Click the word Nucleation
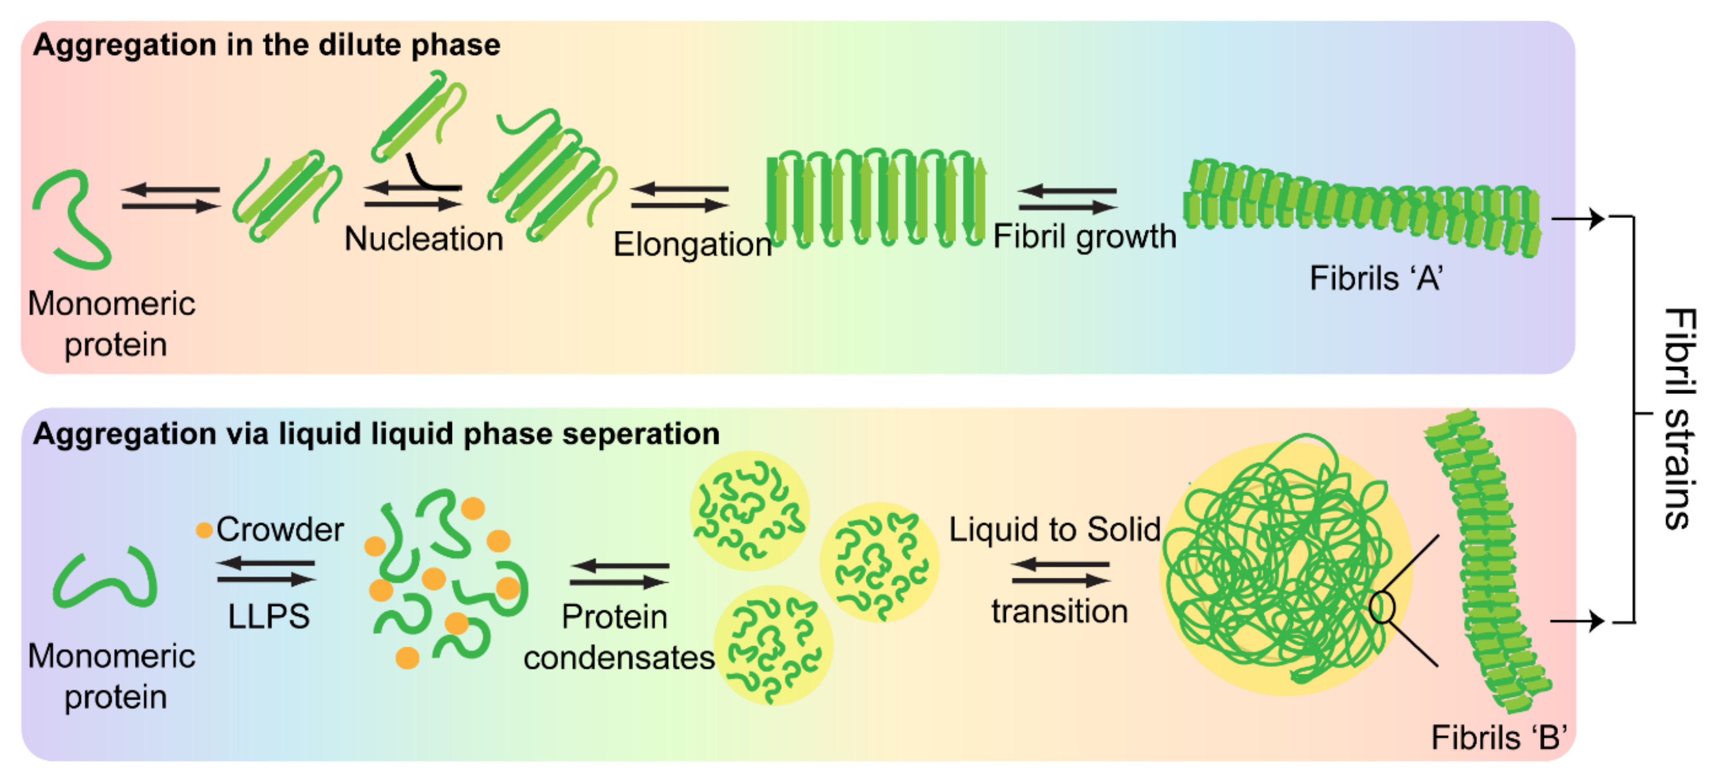[x=424, y=239]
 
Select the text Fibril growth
[x=1084, y=236]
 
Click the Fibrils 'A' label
[x=1376, y=278]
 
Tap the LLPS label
[x=269, y=616]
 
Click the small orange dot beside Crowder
[x=204, y=530]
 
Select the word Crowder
[x=280, y=529]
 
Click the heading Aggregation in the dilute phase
[x=267, y=45]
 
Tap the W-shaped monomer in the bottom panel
[x=106, y=579]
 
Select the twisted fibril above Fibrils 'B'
[x=1487, y=562]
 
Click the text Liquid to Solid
[x=1055, y=530]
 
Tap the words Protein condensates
[x=618, y=636]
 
